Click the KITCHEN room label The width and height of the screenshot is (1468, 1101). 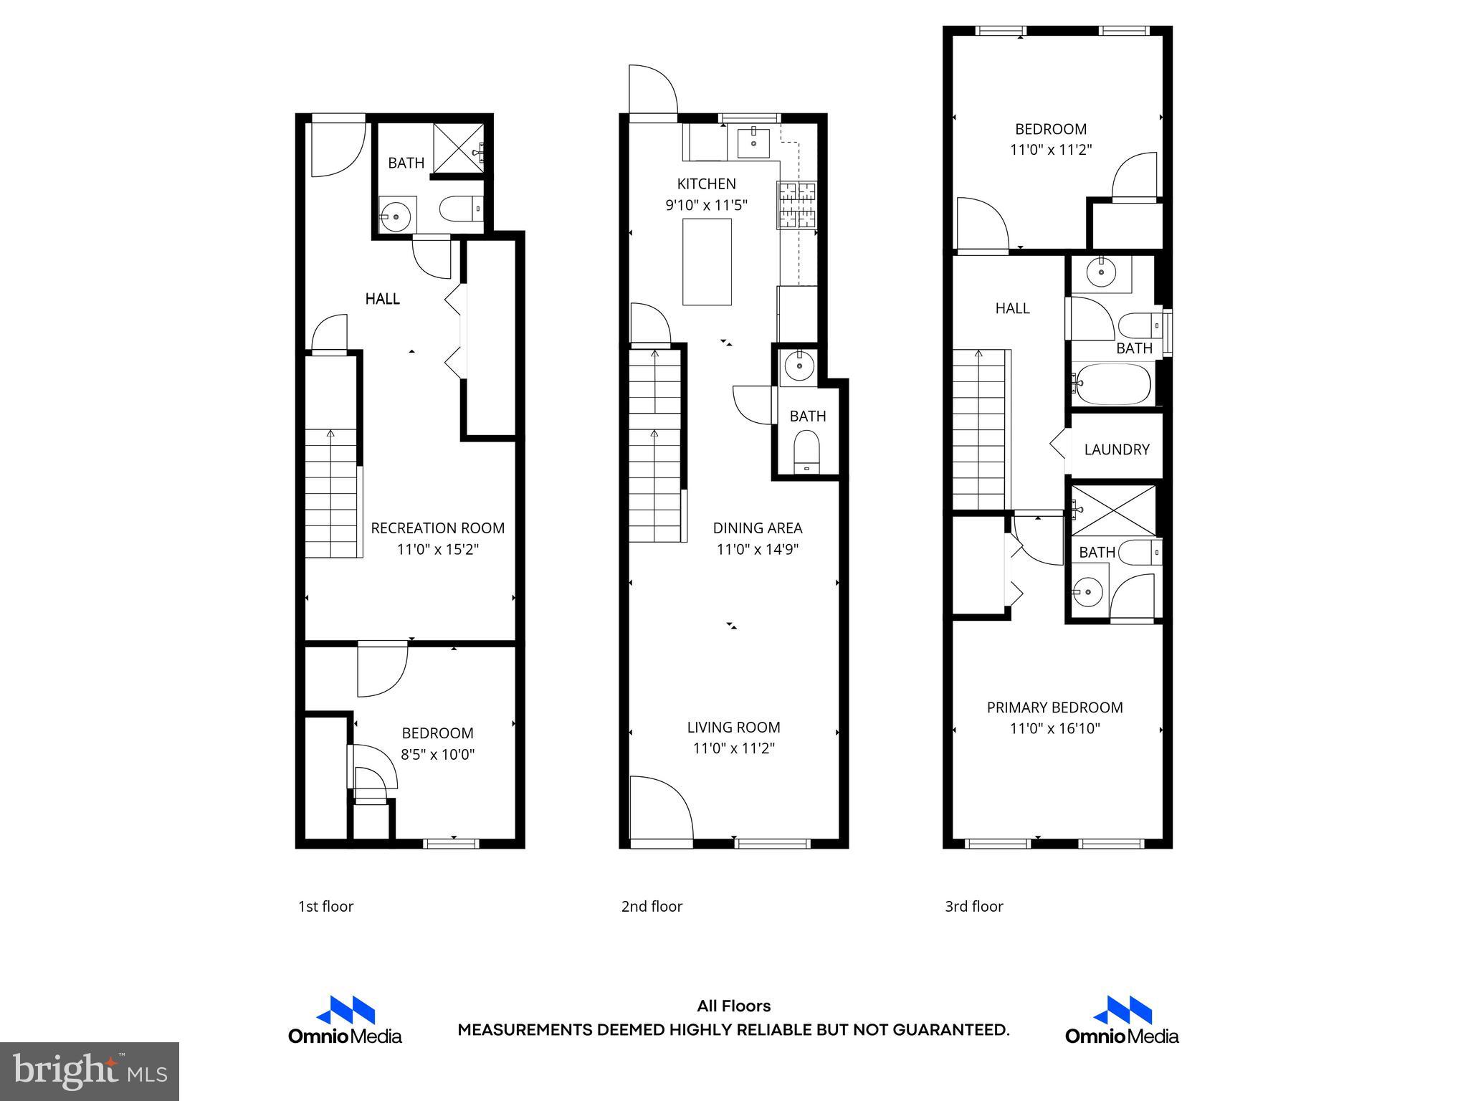pyautogui.click(x=706, y=183)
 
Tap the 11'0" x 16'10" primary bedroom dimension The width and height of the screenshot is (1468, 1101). pyautogui.click(x=1054, y=728)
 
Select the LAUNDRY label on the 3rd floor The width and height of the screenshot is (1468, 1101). pyautogui.click(x=1116, y=449)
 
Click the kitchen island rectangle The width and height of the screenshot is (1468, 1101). pyautogui.click(x=707, y=262)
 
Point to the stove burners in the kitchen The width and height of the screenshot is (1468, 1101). pyautogui.click(x=797, y=204)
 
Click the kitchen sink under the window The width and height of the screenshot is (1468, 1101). pyautogui.click(x=753, y=143)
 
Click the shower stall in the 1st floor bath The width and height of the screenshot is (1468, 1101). pyautogui.click(x=459, y=148)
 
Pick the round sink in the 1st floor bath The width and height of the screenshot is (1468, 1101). pyautogui.click(x=395, y=214)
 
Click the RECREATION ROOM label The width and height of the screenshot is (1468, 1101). pyautogui.click(x=437, y=528)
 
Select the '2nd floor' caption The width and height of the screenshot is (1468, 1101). pyautogui.click(x=651, y=906)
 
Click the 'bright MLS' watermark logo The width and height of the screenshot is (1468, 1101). pyautogui.click(x=90, y=1071)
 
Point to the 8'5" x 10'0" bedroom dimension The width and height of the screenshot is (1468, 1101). pyautogui.click(x=437, y=754)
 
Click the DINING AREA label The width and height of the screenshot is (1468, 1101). pyautogui.click(x=757, y=528)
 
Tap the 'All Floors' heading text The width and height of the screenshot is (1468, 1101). pyautogui.click(x=733, y=1006)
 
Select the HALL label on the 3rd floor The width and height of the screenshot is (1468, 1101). pyautogui.click(x=1012, y=308)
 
